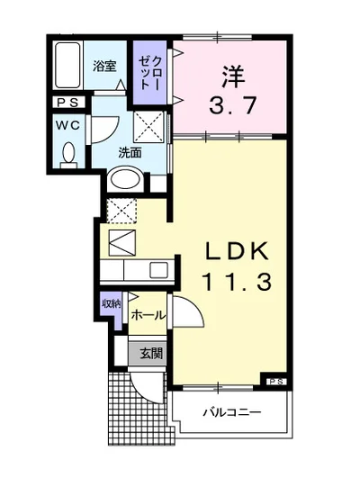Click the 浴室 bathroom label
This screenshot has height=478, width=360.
(104, 65)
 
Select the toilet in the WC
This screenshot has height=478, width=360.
(67, 155)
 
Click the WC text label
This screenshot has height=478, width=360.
(67, 126)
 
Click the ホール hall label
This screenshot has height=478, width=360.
(148, 315)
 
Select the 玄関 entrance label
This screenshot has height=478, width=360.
(150, 354)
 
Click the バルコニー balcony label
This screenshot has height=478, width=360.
(231, 413)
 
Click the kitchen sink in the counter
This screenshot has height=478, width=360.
(158, 269)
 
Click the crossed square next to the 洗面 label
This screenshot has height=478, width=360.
(148, 122)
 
